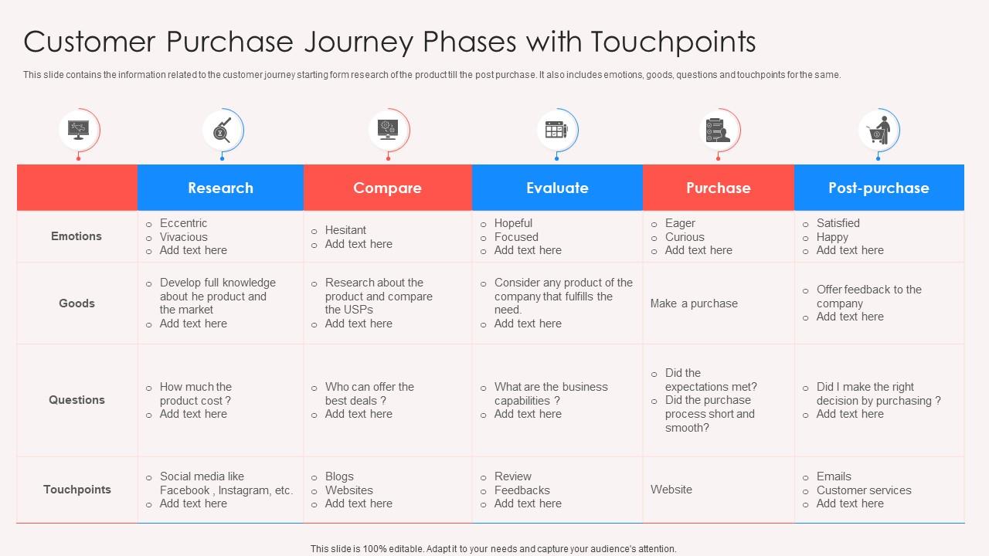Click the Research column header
(220, 188)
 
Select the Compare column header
(387, 188)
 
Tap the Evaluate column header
(557, 188)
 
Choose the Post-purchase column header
(879, 188)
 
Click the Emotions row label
(76, 236)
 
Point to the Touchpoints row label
(76, 490)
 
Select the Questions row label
(76, 400)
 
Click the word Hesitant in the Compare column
(345, 230)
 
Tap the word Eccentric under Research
(183, 223)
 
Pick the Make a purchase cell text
(694, 303)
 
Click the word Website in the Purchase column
(671, 490)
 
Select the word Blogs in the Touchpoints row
(339, 476)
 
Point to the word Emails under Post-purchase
(834, 476)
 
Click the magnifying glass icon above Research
(222, 129)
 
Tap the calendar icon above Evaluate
(556, 129)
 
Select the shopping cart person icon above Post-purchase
(878, 129)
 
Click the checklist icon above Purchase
(718, 129)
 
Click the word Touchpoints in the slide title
(673, 42)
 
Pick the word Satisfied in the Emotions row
(838, 223)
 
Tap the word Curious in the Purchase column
(685, 237)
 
